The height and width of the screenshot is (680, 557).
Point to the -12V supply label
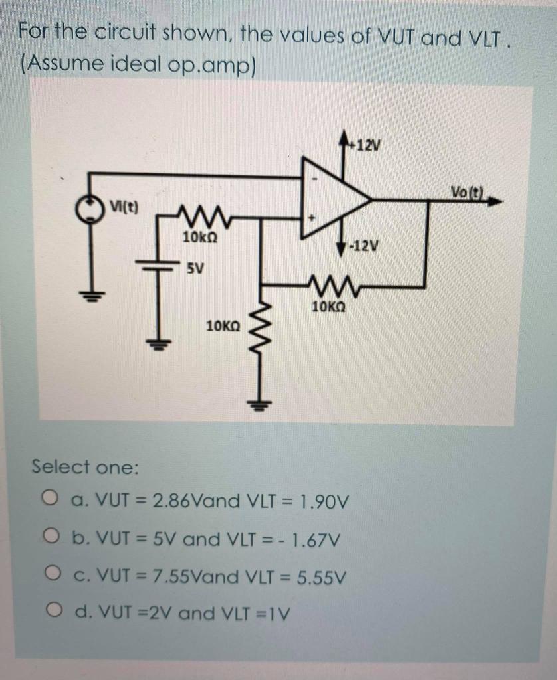tap(365, 246)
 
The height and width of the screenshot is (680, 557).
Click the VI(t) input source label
tap(125, 205)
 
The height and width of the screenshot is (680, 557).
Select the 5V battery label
tap(194, 269)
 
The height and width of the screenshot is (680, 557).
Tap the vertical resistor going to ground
tap(260, 345)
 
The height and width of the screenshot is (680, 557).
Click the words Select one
tap(85, 467)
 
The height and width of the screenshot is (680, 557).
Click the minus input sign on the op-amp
tap(315, 178)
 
